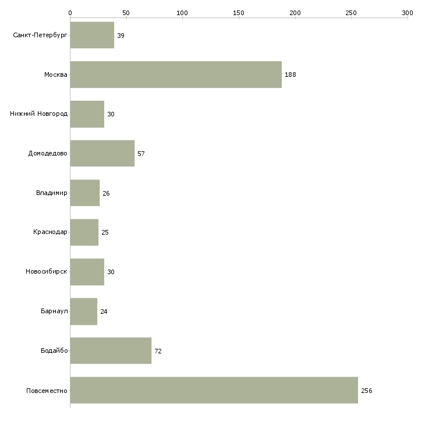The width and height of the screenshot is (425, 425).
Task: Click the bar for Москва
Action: [176, 75]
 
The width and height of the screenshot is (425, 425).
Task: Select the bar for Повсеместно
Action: [214, 390]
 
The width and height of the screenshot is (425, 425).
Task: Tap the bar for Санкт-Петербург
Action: [92, 35]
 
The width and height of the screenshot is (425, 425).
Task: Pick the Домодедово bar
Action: [102, 154]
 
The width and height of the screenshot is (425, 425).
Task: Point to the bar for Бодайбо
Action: [111, 350]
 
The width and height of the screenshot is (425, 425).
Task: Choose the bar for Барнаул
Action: [84, 311]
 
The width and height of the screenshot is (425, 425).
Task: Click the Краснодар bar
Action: [84, 232]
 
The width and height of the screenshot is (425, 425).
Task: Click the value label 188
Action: [291, 75]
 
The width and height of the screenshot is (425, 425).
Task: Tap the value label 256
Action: [367, 391]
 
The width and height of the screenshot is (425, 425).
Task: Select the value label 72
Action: [158, 351]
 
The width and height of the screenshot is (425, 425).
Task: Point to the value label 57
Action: [141, 154]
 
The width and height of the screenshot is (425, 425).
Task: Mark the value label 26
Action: [106, 193]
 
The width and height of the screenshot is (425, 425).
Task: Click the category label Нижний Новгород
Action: [39, 114]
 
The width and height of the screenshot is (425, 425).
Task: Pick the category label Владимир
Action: [51, 193]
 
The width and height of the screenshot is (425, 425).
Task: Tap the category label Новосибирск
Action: [47, 271]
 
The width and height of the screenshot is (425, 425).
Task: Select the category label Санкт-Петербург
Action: [40, 36]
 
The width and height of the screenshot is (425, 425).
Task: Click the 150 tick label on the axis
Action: [239, 13]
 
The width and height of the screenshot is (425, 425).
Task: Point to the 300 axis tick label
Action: [408, 13]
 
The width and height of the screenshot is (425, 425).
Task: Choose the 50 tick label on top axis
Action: [126, 13]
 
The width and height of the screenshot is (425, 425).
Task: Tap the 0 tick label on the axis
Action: [70, 13]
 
